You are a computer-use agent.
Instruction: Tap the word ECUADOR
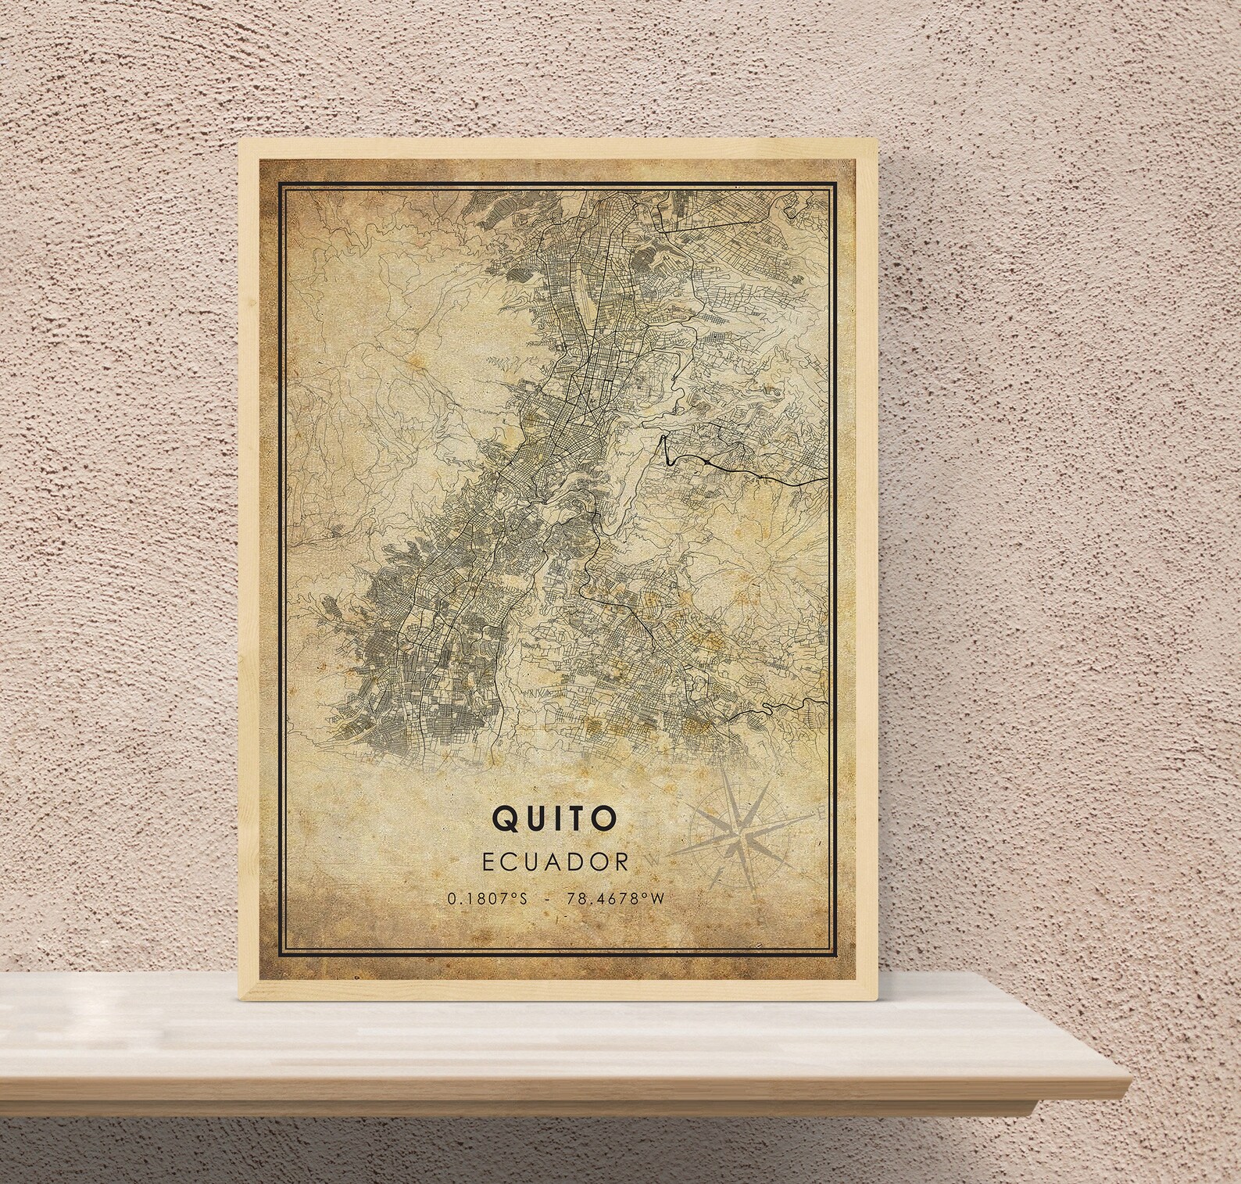(554, 861)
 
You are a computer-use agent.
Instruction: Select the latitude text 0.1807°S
(488, 899)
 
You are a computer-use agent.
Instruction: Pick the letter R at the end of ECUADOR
(622, 861)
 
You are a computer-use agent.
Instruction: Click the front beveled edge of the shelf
(547, 1094)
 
